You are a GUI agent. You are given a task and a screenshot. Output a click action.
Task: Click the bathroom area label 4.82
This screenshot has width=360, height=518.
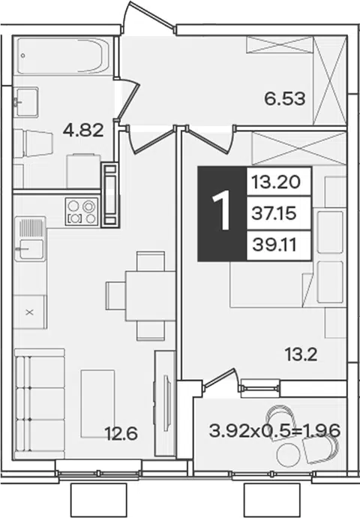pos(83,130)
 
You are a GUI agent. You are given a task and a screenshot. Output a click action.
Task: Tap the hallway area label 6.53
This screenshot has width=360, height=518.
pos(285,98)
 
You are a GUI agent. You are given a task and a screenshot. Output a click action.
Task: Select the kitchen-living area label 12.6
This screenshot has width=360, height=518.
pos(121,433)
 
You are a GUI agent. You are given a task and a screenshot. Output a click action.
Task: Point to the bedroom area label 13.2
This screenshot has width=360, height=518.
pos(301,355)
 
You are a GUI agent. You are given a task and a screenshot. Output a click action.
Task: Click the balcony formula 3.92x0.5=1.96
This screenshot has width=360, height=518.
pos(274,431)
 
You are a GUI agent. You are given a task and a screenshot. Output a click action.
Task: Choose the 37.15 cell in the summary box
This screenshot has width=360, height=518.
pos(274,214)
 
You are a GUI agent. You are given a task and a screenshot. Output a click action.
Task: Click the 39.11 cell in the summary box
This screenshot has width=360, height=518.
pos(274,245)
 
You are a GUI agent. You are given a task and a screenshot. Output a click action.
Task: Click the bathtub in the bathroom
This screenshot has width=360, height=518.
pos(63,56)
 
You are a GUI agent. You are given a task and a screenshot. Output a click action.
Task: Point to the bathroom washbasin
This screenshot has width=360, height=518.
pos(26,102)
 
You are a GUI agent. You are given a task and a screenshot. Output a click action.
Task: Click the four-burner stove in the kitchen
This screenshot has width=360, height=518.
pos(82,212)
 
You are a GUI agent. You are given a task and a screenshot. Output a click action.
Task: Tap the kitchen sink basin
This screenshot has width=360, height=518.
pos(31,249)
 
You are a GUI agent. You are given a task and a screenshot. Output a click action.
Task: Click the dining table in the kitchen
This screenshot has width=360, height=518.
pos(150,296)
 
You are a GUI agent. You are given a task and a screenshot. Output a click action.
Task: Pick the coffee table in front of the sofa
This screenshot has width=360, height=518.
pos(98,404)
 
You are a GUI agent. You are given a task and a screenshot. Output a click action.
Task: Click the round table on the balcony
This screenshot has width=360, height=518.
pos(289,455)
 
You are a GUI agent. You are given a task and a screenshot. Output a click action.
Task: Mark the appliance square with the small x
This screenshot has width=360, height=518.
pos(30,312)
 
